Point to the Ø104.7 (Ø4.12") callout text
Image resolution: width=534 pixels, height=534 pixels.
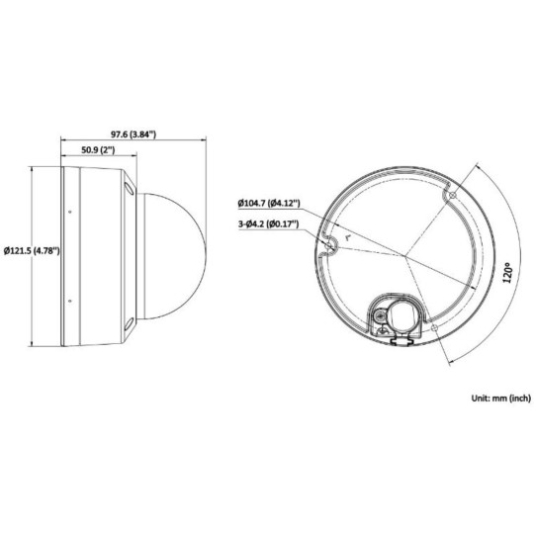click(x=269, y=204)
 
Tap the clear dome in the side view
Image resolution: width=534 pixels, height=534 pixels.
click(x=174, y=252)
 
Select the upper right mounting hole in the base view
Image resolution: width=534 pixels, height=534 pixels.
click(x=451, y=197)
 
